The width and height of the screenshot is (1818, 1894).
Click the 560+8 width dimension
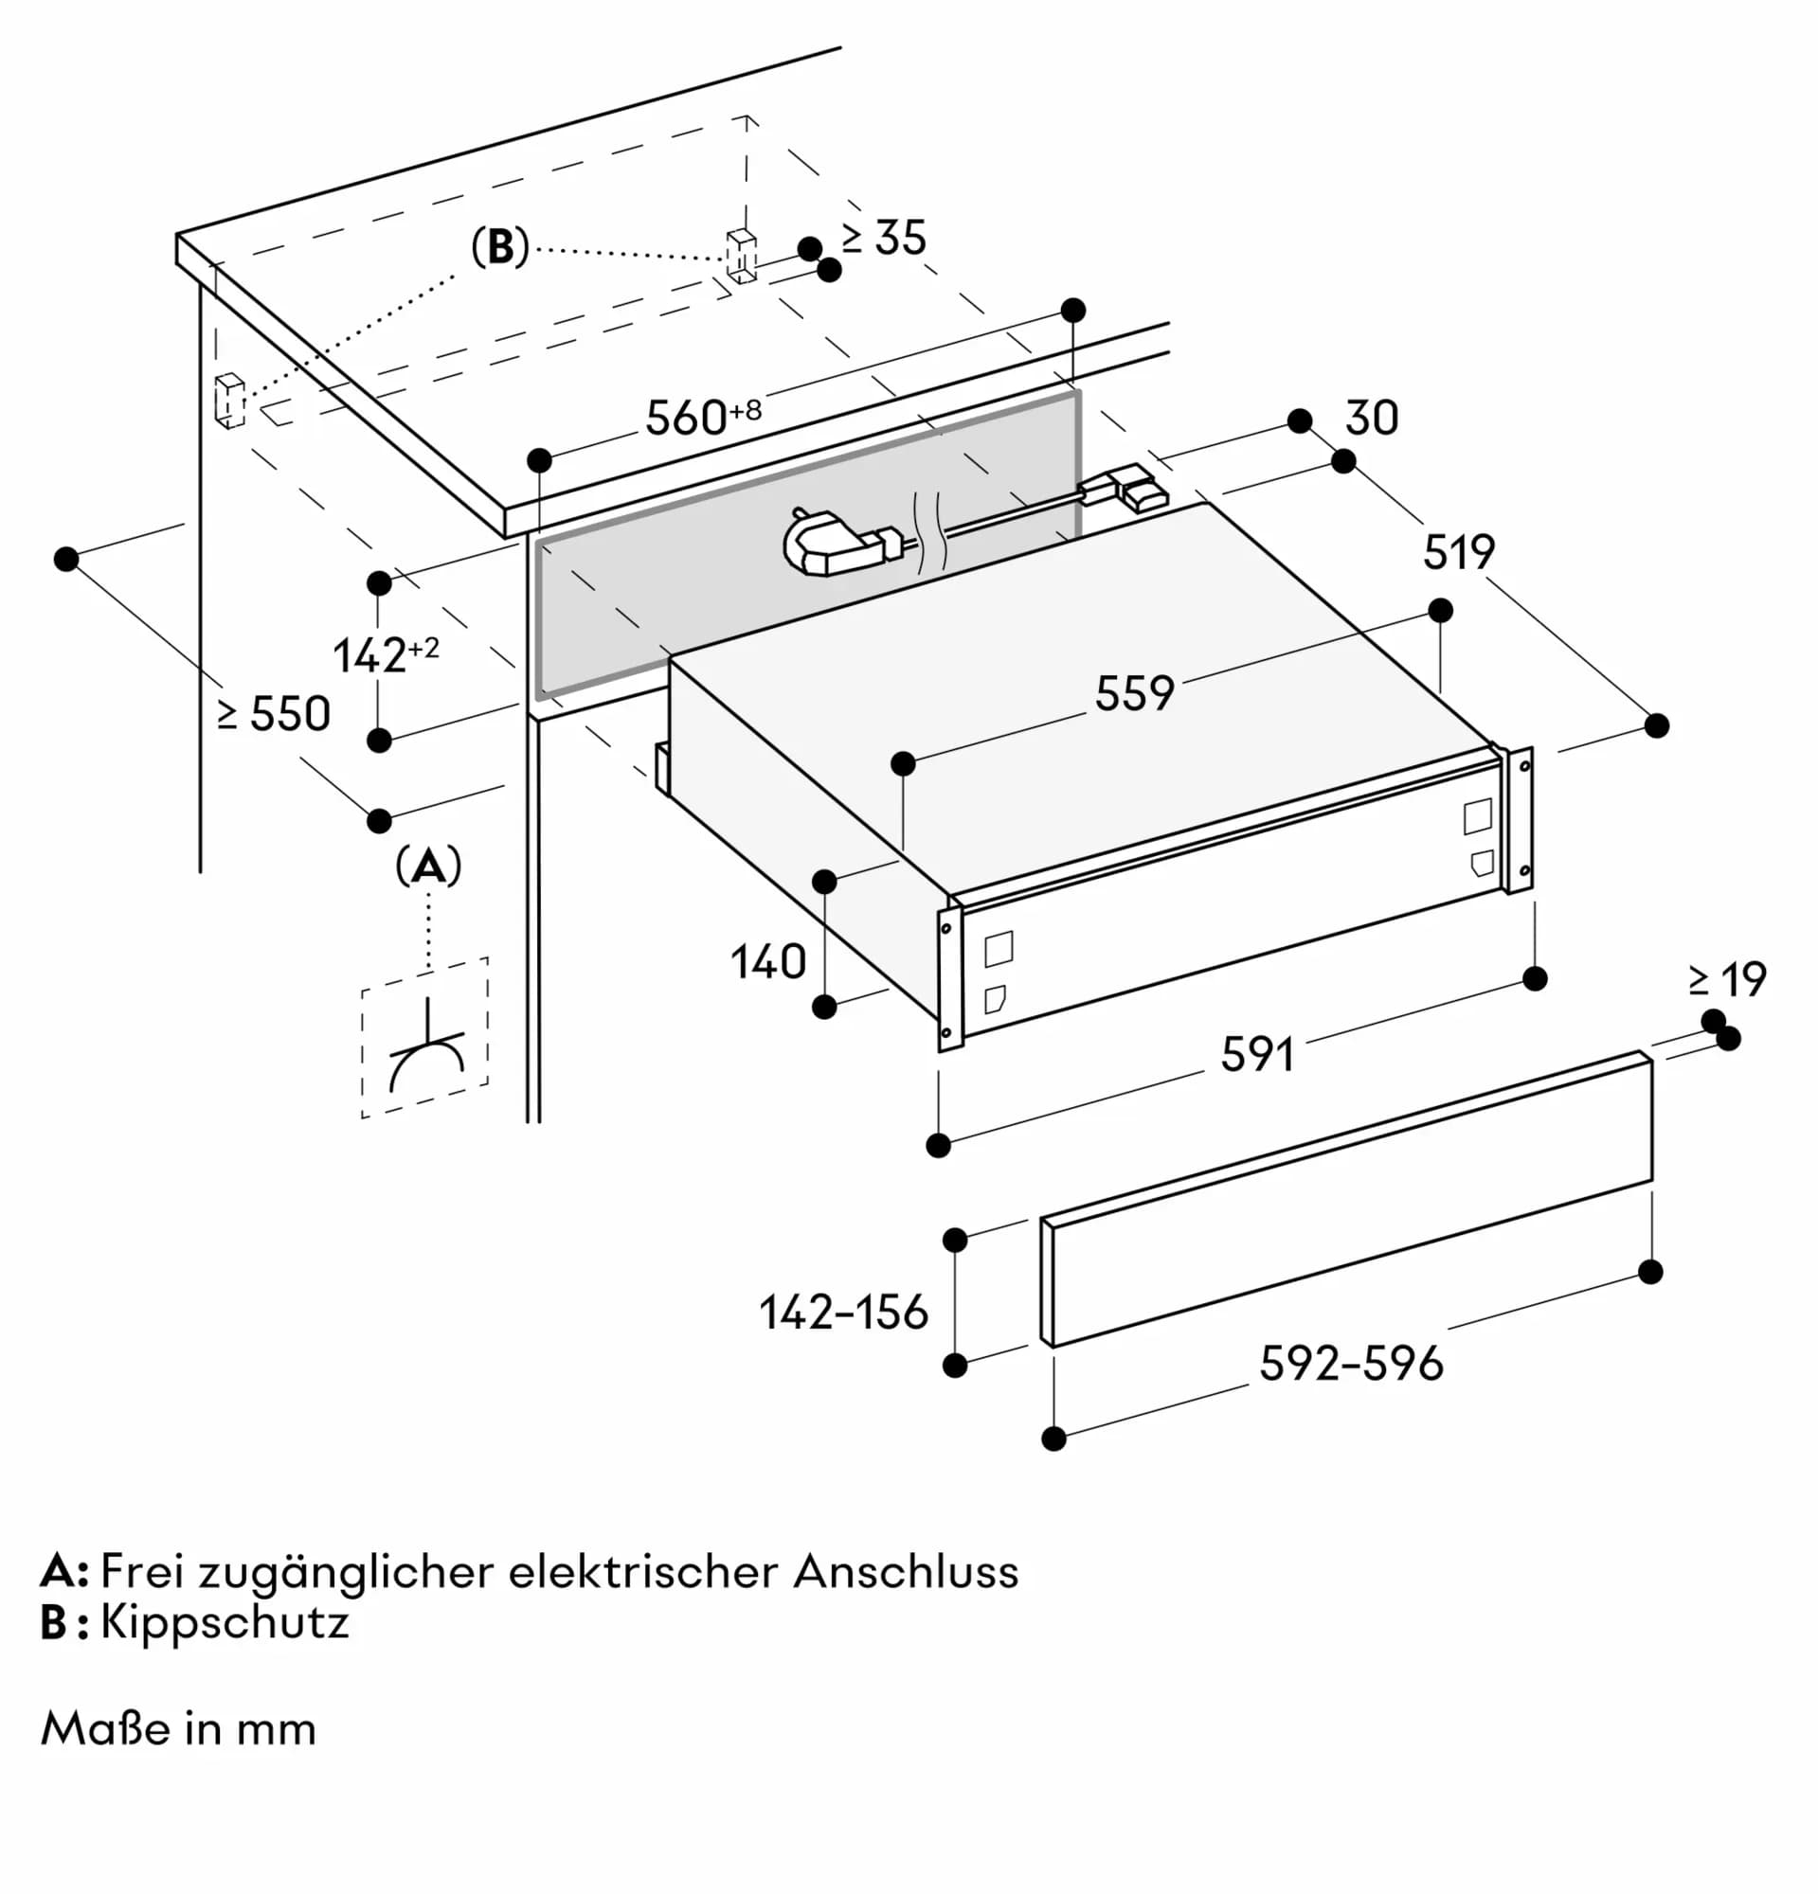click(x=702, y=418)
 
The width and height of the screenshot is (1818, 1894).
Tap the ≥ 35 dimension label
click(x=883, y=238)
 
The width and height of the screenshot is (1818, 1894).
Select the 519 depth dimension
click(x=1458, y=552)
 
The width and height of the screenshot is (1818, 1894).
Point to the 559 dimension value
click(x=1134, y=693)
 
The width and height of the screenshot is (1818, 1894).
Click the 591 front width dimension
click(x=1256, y=1054)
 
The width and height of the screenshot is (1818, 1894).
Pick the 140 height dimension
click(x=767, y=962)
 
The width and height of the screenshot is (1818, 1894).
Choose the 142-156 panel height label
click(x=843, y=1313)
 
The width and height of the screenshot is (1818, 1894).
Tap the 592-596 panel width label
click(x=1350, y=1364)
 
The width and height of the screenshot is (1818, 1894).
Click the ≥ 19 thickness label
click(x=1727, y=980)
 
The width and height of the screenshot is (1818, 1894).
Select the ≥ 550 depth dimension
click(x=275, y=714)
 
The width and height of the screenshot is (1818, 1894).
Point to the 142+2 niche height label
click(x=385, y=655)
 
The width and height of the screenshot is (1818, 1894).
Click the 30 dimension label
click(x=1371, y=419)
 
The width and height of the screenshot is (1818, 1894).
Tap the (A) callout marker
click(x=428, y=867)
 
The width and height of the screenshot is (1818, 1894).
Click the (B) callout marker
click(x=499, y=247)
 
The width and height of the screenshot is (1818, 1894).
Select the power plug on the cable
click(x=833, y=548)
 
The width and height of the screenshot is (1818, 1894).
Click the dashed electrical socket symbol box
click(x=425, y=1038)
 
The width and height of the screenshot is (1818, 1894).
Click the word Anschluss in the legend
click(x=906, y=1571)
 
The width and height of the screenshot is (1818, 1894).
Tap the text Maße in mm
click(x=179, y=1729)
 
